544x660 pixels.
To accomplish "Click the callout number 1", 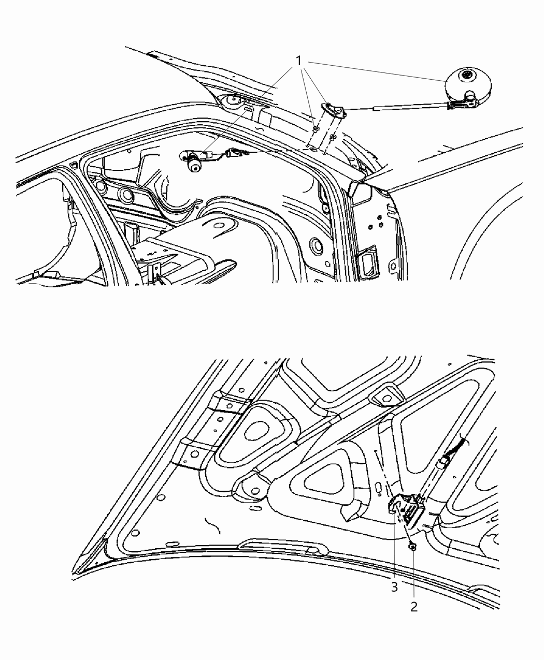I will coord(298,61).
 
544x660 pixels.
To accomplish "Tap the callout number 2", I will coord(413,607).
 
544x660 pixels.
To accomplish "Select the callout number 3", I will coord(394,587).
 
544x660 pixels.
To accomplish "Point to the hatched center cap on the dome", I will coord(467,76).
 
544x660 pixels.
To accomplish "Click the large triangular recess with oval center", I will coord(257,430).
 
